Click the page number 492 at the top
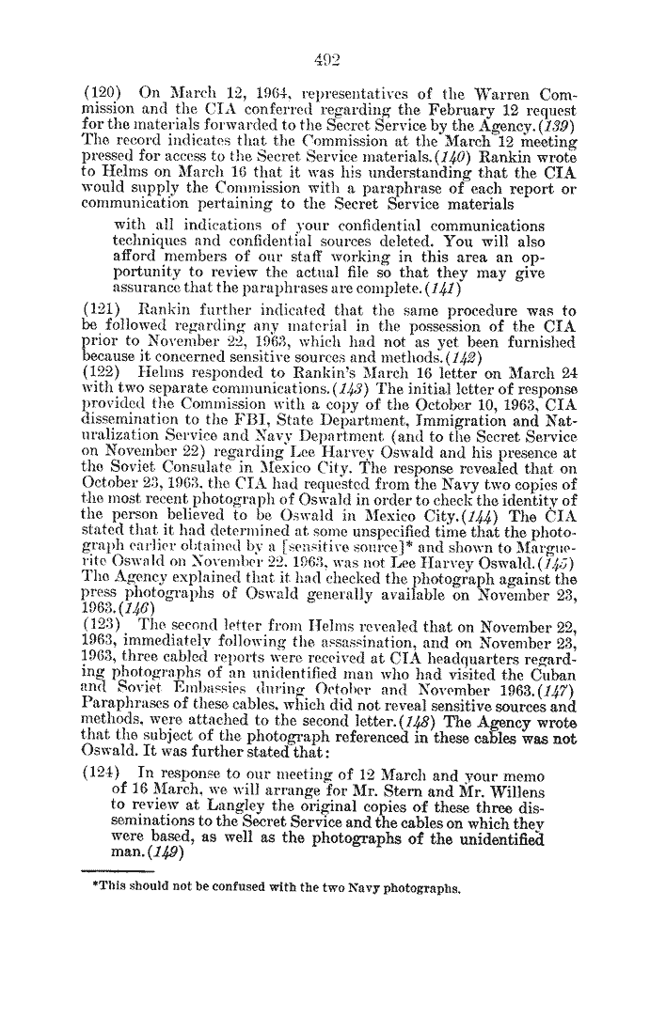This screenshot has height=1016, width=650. click(x=325, y=36)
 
